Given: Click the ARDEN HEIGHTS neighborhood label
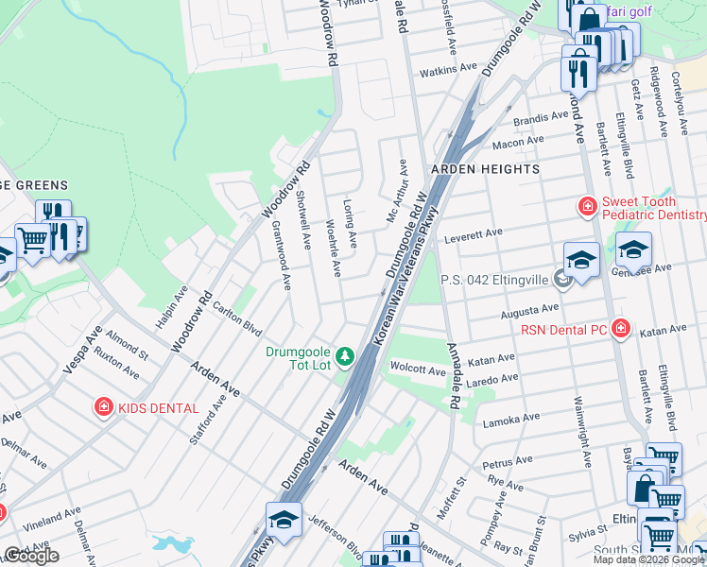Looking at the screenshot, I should click(485, 169).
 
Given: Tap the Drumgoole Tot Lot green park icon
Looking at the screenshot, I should click(347, 355).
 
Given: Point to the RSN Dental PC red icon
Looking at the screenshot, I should click(621, 329).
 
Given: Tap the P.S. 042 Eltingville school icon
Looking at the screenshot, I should click(563, 279).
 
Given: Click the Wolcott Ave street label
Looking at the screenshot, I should click(419, 372).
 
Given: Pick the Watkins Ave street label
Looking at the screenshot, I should click(449, 69).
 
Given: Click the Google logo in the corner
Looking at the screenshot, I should click(31, 556).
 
